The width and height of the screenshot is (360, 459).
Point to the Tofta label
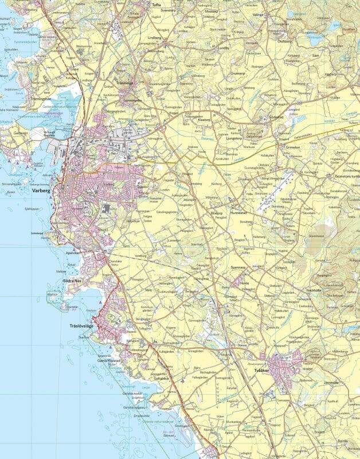point(156,4)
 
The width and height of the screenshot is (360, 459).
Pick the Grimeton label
point(285,147)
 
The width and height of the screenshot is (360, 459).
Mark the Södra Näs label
point(73,281)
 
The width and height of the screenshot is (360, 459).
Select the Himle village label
point(245,283)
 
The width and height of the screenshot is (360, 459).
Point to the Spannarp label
point(238,267)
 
